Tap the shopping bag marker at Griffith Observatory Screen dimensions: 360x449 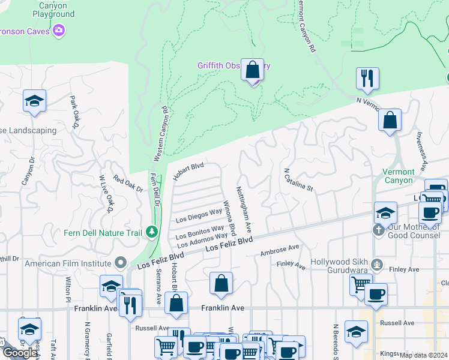[253, 70]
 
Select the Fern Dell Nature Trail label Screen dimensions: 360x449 [103, 233]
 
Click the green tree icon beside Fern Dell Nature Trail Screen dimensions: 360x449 [152, 232]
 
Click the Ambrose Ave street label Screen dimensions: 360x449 [279, 250]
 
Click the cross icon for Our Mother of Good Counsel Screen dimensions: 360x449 [379, 229]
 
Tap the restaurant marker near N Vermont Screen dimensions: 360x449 [367, 79]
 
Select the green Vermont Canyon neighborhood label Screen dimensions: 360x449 [399, 176]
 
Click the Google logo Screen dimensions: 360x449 [20, 352]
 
